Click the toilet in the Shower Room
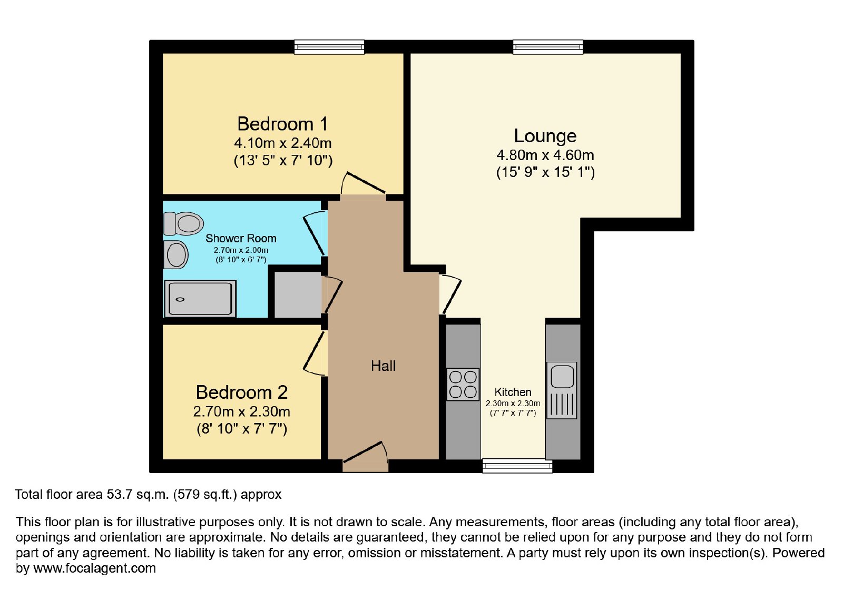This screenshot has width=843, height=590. click(x=183, y=223)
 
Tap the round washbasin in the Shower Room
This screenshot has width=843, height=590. click(x=176, y=255)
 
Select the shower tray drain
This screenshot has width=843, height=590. click(x=180, y=300)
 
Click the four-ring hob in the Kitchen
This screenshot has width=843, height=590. click(x=463, y=384)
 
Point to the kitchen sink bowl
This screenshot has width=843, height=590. click(x=562, y=376)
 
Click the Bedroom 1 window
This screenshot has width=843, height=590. click(x=329, y=47)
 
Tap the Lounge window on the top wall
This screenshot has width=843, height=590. click(x=548, y=47)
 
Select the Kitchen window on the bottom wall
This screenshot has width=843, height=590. click(x=517, y=466)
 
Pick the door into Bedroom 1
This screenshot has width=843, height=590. click(x=363, y=184)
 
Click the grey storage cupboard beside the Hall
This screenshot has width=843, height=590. click(x=297, y=294)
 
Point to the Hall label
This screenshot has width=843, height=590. click(x=383, y=366)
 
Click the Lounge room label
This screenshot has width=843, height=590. click(x=545, y=136)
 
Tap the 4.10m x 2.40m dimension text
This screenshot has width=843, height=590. click(x=282, y=143)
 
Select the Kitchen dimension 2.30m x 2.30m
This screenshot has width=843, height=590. click(x=513, y=404)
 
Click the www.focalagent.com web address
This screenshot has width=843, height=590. click(x=94, y=568)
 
